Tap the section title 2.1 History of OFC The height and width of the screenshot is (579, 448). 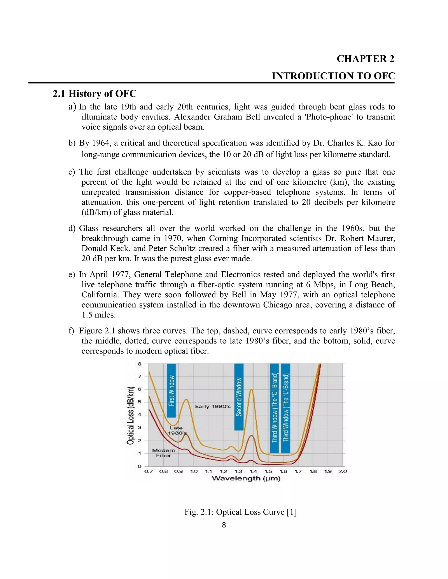[x=94, y=94]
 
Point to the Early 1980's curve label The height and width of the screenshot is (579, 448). [x=213, y=406]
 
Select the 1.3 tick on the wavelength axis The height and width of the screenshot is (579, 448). [x=238, y=471]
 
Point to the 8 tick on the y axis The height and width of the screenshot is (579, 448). [x=139, y=364]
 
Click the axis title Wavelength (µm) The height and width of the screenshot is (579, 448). [x=246, y=478]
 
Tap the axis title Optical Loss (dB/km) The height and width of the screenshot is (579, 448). [x=130, y=415]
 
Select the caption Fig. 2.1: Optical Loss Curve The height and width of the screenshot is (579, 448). [x=240, y=512]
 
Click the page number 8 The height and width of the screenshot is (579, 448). [x=224, y=525]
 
